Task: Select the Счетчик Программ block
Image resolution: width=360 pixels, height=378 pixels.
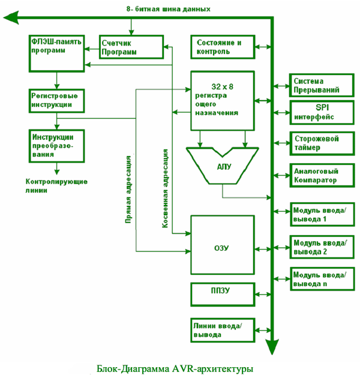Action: tap(131, 47)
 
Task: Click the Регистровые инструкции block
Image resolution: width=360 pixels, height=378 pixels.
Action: tap(56, 100)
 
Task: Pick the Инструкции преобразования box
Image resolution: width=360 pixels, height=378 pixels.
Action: tap(56, 143)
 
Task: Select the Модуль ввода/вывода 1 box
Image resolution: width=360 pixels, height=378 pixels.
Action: tap(320, 214)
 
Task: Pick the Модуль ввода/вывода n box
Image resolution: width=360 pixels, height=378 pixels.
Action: tap(320, 279)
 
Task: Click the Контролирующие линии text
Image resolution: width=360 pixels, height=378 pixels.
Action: tap(56, 185)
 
